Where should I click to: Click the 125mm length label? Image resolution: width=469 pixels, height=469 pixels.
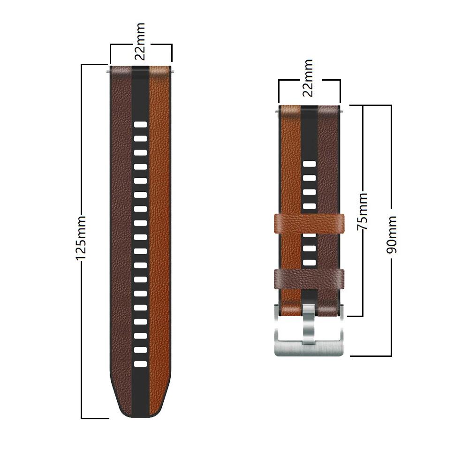pyautogui.click(x=81, y=238)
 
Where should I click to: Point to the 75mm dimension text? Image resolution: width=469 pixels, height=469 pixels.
pyautogui.click(x=362, y=211)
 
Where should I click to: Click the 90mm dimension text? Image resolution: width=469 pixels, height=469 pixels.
pyautogui.click(x=392, y=234)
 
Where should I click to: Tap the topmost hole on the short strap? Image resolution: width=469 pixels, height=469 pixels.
pyautogui.click(x=309, y=164)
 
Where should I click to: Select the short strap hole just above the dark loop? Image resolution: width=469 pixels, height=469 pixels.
pyautogui.click(x=309, y=263)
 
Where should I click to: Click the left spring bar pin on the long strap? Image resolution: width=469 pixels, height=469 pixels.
pyautogui.click(x=108, y=71)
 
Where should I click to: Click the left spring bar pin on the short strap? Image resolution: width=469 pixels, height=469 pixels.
pyautogui.click(x=277, y=111)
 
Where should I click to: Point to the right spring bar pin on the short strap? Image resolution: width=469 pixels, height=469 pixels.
pyautogui.click(x=342, y=111)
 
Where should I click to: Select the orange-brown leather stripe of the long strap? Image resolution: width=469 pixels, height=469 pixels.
pyautogui.click(x=159, y=234)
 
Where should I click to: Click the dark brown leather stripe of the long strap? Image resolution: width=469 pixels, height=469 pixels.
pyautogui.click(x=121, y=234)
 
